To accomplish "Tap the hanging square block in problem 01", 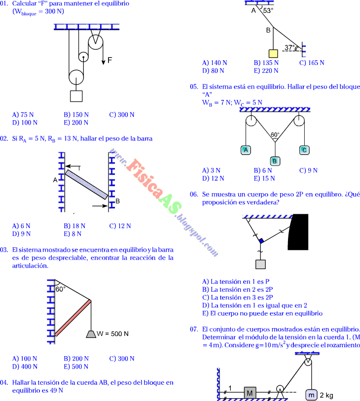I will [76, 96].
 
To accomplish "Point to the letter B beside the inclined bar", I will [117, 201].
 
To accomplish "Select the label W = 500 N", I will [113, 334].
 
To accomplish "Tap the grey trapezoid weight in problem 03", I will [91, 334].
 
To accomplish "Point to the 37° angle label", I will [290, 48].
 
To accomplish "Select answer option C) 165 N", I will [312, 63].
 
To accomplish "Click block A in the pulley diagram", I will [246, 150].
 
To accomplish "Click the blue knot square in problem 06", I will [261, 241].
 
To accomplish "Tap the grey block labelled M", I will [250, 393].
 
